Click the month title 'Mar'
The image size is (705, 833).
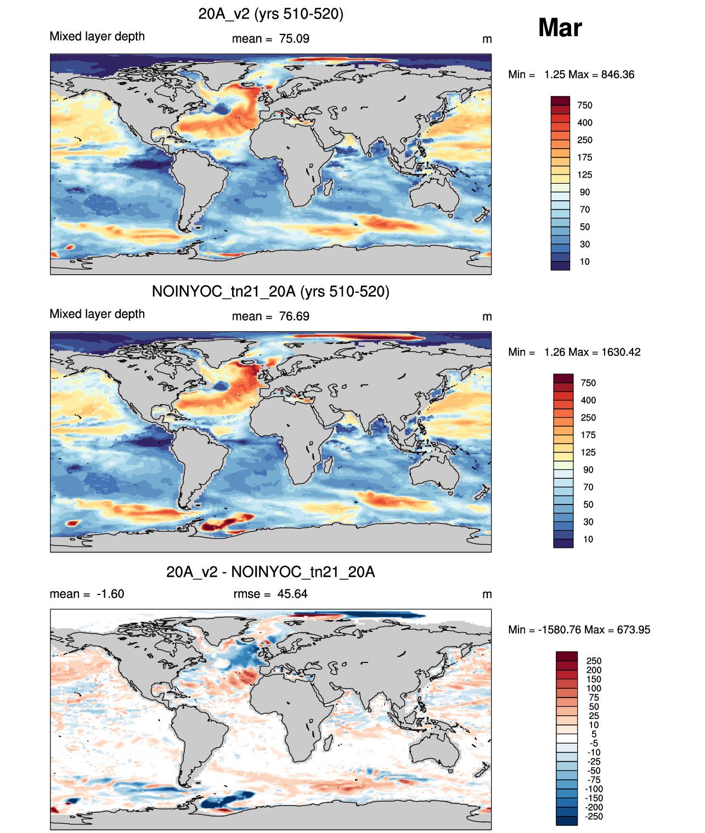coord(560,28)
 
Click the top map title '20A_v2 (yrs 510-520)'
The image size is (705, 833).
coord(270,14)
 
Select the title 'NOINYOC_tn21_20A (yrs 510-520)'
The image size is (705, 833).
coord(270,291)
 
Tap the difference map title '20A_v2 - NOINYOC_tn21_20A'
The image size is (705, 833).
coord(270,572)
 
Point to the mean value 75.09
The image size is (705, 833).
coord(294,39)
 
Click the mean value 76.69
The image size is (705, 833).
coord(294,316)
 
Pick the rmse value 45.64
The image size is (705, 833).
coord(292,594)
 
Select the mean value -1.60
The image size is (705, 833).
coord(110,594)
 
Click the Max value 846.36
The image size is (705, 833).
coord(618,75)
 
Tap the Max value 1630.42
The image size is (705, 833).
coord(621,352)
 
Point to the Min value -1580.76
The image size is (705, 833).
coord(560,630)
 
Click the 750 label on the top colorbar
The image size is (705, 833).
coord(584,106)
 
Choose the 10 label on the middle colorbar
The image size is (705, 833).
coord(588,540)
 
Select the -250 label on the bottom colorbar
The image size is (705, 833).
coord(594,817)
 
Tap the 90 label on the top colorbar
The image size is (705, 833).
coord(584,192)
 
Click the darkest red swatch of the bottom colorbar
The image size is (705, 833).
coord(566,656)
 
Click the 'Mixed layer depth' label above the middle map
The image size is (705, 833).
coord(97,314)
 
